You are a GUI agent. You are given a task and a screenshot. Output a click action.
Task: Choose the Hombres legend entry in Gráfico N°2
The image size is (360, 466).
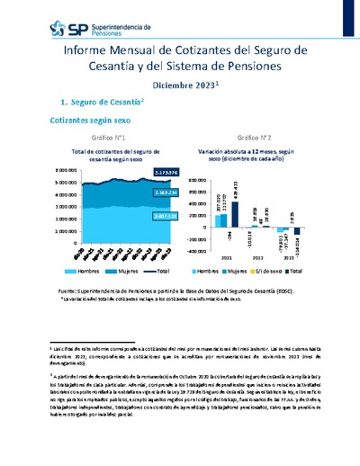pyautogui.click(x=208, y=270)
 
